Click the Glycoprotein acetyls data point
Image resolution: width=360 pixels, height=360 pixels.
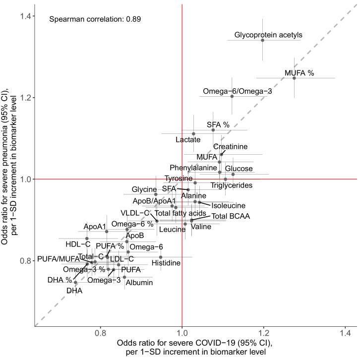coord(263,40)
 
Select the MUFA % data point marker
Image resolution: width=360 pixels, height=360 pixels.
coord(294,78)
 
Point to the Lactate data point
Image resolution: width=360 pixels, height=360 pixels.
coord(193,134)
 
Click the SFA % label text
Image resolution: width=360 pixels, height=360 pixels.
coord(218,124)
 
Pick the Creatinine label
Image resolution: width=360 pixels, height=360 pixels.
coord(230,147)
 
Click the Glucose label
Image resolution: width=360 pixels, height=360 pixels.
coord(239,169)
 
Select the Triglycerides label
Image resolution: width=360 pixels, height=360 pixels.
coord(232,185)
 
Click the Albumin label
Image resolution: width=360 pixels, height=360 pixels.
coord(139,283)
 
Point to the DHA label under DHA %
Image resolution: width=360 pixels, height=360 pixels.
coord(74,291)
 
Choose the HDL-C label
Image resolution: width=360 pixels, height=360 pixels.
coord(78,244)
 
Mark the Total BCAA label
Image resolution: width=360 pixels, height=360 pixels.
coord(231,216)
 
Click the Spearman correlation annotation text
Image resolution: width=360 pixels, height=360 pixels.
coord(95,20)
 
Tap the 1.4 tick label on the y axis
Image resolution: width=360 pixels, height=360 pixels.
coord(24,16)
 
